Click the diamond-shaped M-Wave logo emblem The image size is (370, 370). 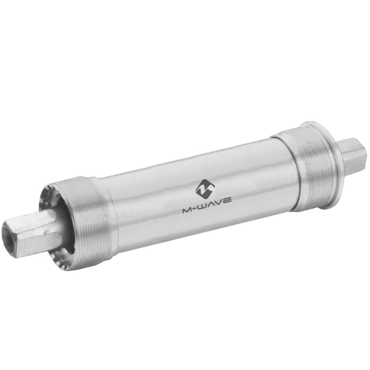coord(205,188)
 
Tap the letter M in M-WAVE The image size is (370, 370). coord(187,211)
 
